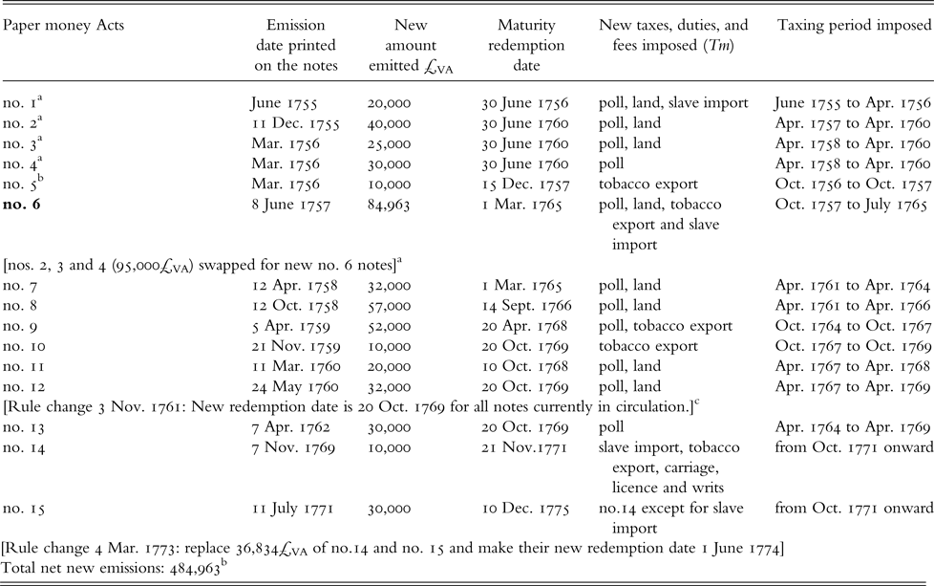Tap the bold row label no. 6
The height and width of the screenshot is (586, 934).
[24, 204]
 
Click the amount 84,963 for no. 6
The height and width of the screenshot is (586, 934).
[392, 204]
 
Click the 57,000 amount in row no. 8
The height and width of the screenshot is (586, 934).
[389, 306]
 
